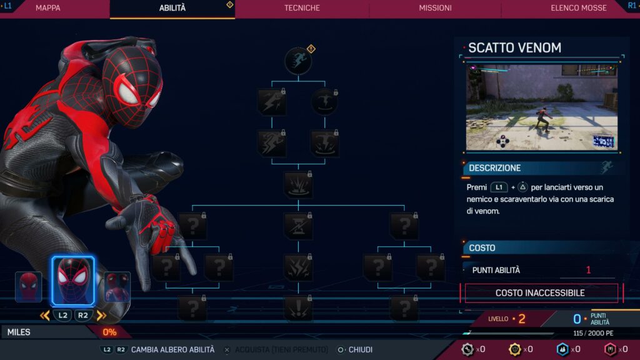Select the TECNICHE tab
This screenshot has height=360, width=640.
[302, 8]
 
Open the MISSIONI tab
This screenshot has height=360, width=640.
[435, 8]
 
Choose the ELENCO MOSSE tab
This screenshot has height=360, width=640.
[578, 8]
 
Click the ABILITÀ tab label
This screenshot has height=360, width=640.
[172, 8]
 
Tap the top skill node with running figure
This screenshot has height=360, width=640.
[298, 61]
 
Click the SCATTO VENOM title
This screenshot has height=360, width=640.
[514, 47]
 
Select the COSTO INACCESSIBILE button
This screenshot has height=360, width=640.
[540, 292]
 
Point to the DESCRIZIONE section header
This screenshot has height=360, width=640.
[494, 167]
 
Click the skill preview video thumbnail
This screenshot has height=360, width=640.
[541, 107]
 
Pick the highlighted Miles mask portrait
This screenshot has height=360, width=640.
[72, 281]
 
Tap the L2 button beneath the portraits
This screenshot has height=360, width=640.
[62, 316]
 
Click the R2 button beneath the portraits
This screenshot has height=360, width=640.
[84, 316]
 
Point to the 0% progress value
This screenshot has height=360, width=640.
[109, 332]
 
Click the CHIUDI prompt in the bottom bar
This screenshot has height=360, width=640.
[360, 350]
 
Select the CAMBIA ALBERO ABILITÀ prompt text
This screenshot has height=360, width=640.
[172, 350]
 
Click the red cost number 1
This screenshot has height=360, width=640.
[588, 270]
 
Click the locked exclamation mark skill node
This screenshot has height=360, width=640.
[297, 308]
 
